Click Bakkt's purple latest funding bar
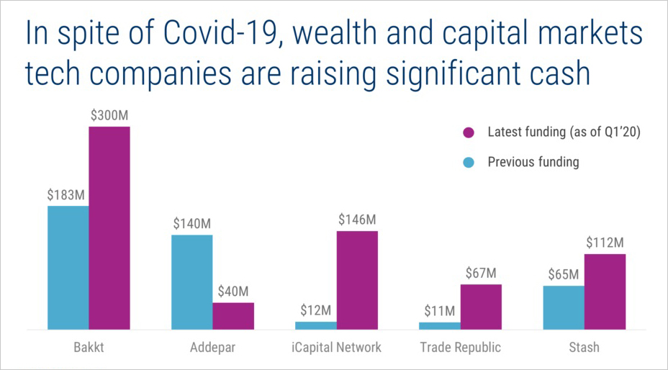pos(109,228)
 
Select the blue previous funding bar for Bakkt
pos(68,268)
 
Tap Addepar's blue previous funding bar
pos(191,282)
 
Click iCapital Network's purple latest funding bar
pos(357,280)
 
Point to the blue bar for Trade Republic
pos(439,325)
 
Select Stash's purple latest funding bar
pos(605,292)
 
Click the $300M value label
pos(109,115)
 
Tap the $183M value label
pos(66,195)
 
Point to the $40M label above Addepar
pos(233,292)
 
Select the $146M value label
pos(357,220)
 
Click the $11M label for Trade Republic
pos(439,311)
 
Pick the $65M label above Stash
pos(563,274)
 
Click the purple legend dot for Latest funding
pos(469,132)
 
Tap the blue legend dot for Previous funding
pos(469,162)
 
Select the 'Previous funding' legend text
pos(533,162)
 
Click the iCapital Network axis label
pos(336,348)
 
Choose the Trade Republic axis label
pos(460,348)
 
